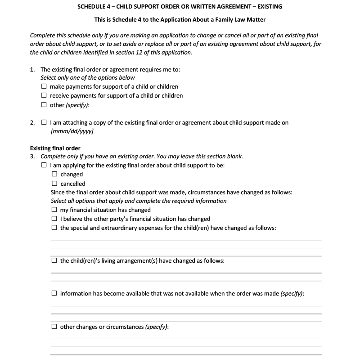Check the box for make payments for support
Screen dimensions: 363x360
(44, 86)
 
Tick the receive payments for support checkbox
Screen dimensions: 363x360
(44, 95)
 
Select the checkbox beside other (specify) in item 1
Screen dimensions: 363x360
(44, 105)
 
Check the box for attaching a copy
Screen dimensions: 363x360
(44, 122)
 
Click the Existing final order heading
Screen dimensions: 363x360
(55, 148)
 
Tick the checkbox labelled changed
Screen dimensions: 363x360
(54, 175)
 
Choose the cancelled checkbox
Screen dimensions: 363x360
(54, 184)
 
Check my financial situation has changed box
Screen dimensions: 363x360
(54, 210)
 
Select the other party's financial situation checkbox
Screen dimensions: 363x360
(54, 219)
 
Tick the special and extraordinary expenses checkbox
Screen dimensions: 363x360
(54, 228)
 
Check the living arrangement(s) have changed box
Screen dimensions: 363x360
(54, 261)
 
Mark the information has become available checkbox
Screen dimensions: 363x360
(54, 294)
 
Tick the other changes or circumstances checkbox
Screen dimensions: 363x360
(54, 327)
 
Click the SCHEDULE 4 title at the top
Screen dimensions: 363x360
(180, 7)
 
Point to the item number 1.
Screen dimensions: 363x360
(32, 70)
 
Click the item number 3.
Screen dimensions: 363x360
(32, 157)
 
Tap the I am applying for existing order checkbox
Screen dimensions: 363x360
(44, 166)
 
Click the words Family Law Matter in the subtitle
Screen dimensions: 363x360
(243, 20)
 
